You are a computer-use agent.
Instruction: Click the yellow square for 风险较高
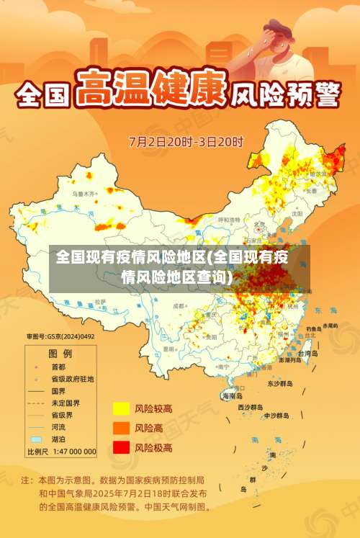[120, 408]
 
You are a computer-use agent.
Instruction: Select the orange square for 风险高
[120, 428]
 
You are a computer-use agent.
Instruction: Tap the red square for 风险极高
[120, 447]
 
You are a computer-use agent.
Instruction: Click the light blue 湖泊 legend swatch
[36, 439]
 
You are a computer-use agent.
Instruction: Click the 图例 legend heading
[60, 354]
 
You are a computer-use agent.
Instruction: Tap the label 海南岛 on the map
[232, 395]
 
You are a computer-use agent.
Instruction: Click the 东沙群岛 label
[280, 384]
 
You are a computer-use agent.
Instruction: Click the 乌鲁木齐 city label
[83, 194]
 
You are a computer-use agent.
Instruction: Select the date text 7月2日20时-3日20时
[186, 141]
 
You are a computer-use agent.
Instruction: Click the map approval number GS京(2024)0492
[60, 336]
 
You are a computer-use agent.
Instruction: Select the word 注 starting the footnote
[26, 479]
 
